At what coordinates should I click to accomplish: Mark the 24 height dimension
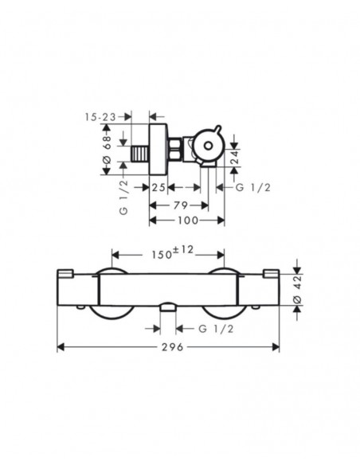pos(234,158)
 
